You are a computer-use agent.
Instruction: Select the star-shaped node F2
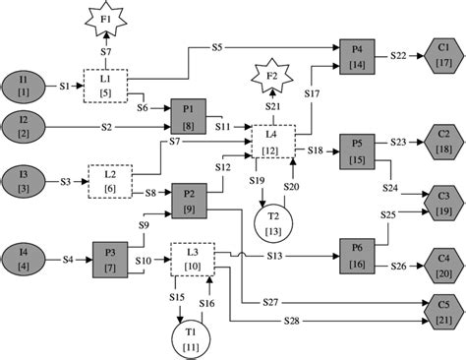pos(270,76)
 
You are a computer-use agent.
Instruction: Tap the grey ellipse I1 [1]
pos(24,86)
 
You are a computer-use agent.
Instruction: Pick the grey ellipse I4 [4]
pos(24,261)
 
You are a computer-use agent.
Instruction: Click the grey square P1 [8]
pos(189,114)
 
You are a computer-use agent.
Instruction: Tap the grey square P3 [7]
pos(111,261)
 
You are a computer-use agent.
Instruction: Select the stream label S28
pos(291,322)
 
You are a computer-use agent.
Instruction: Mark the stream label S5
pos(217,46)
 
